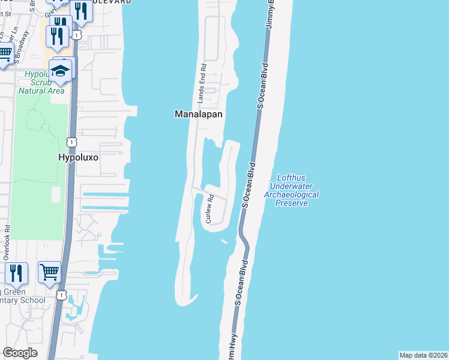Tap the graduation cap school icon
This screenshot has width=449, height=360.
pyautogui.click(x=60, y=71)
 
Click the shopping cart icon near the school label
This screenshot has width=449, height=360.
pyautogui.click(x=49, y=272)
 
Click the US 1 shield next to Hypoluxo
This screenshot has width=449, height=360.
pyautogui.click(x=71, y=142)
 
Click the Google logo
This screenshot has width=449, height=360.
pyautogui.click(x=19, y=353)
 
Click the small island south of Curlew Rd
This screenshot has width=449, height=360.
pyautogui.click(x=224, y=241)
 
